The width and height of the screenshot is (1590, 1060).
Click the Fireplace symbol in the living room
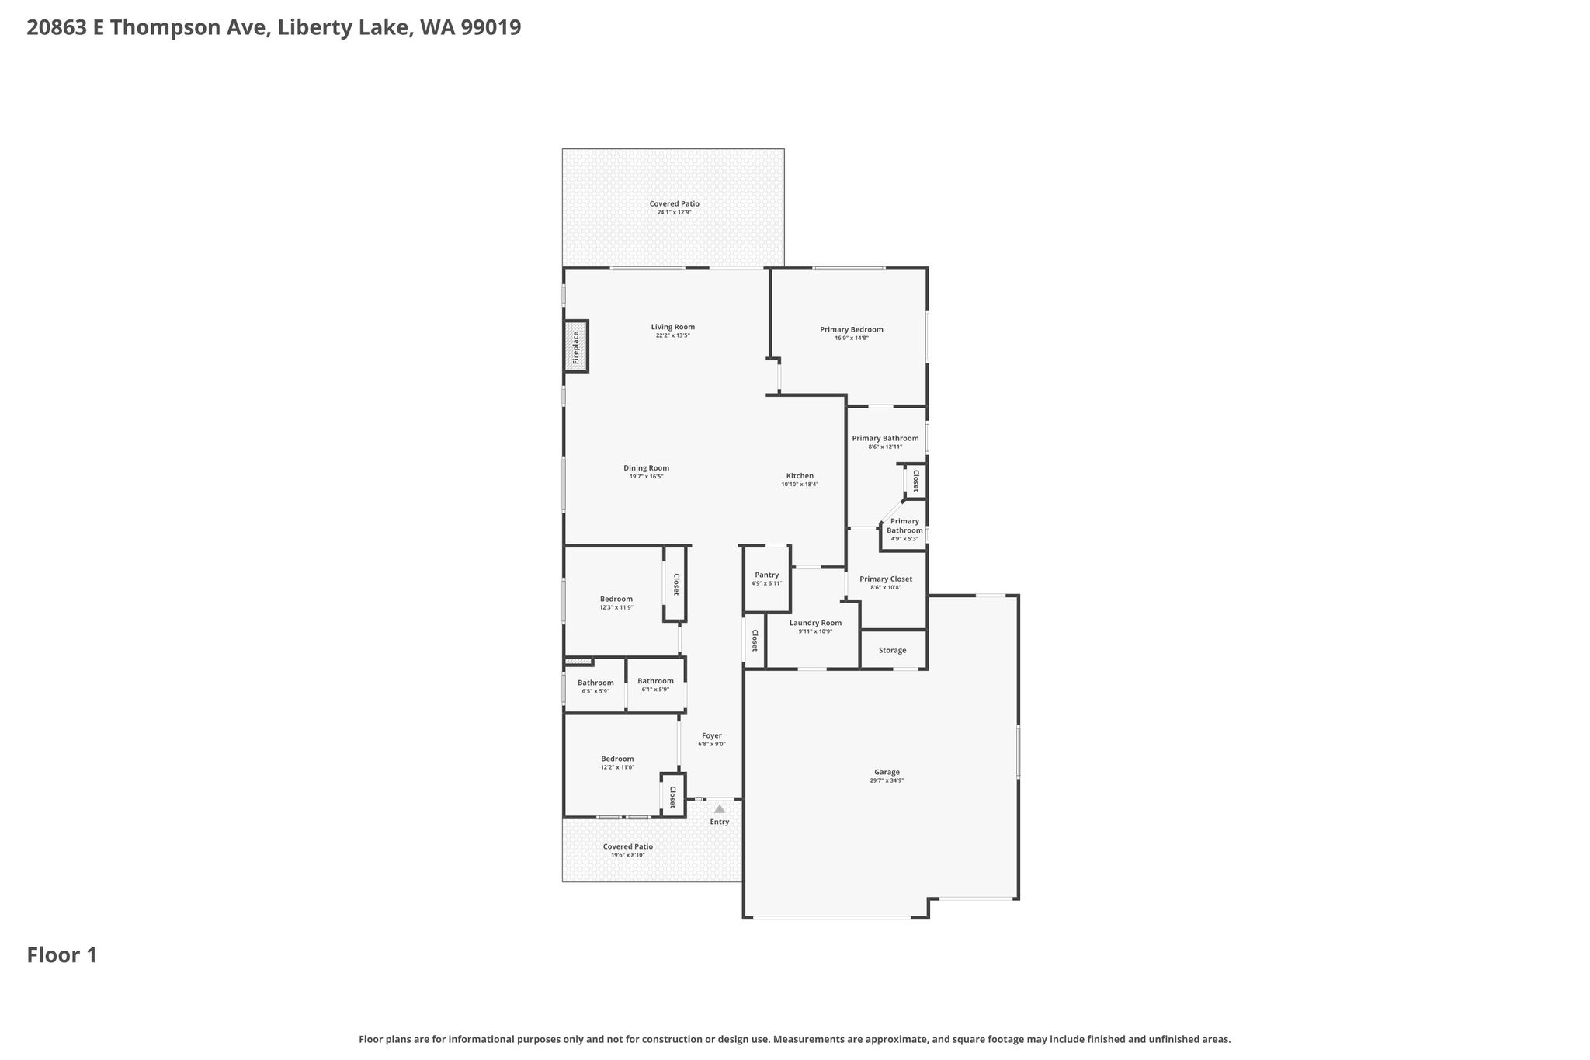[576, 346]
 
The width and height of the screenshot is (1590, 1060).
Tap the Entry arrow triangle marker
[720, 809]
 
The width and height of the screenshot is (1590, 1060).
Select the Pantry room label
[767, 575]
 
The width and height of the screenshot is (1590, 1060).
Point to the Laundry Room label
[815, 623]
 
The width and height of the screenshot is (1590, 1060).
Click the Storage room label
[893, 650]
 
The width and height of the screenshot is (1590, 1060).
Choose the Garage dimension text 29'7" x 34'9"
[887, 780]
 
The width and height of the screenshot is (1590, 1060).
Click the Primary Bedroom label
[852, 329]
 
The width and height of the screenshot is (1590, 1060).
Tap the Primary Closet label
[886, 579]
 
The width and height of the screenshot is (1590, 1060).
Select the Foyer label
[712, 735]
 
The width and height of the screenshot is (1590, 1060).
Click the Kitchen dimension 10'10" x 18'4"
[800, 485]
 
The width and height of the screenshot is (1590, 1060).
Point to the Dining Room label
[647, 467]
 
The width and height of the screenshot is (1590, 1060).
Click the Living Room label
[673, 327]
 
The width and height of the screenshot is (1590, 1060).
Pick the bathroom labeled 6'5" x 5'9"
[595, 686]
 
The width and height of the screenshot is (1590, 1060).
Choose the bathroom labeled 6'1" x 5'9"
[656, 685]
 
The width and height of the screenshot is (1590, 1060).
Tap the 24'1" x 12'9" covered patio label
[675, 207]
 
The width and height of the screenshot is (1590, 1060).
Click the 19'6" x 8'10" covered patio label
[628, 850]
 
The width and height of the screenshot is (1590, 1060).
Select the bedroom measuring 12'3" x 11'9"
[616, 603]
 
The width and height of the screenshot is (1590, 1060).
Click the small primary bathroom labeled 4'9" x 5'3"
[905, 530]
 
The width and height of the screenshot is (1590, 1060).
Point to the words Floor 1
[62, 955]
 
